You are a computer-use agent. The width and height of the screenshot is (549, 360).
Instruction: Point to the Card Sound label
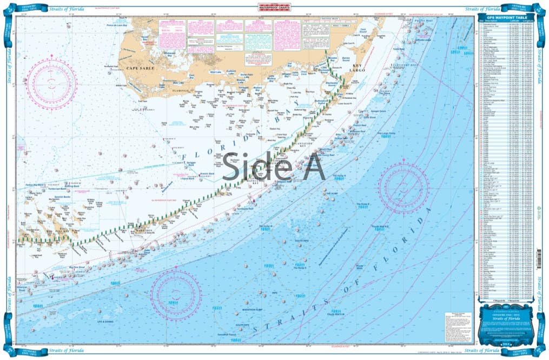point(363,31)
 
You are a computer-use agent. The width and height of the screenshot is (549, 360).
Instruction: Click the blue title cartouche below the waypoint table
point(506,323)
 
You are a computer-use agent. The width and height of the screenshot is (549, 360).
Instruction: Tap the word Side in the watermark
point(249,168)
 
